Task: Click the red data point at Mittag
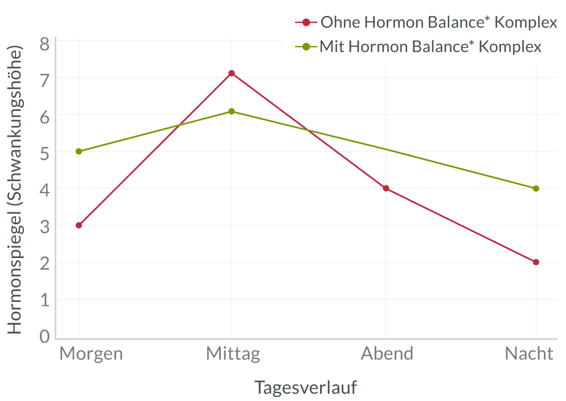pyautogui.click(x=232, y=73)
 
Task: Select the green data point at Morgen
pyautogui.click(x=79, y=151)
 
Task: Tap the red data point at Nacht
pyautogui.click(x=536, y=262)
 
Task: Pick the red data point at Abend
pyautogui.click(x=385, y=188)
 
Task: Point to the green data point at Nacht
pyautogui.click(x=536, y=188)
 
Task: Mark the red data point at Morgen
pyautogui.click(x=79, y=225)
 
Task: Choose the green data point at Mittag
pyautogui.click(x=232, y=111)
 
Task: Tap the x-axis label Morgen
pyautogui.click(x=91, y=354)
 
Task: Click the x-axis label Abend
pyautogui.click(x=387, y=354)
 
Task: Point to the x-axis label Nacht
pyautogui.click(x=529, y=354)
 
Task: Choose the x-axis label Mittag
pyautogui.click(x=233, y=354)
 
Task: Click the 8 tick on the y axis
pyautogui.click(x=45, y=43)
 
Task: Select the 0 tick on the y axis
pyautogui.click(x=45, y=336)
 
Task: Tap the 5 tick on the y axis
pyautogui.click(x=45, y=153)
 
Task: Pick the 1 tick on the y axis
pyautogui.click(x=45, y=300)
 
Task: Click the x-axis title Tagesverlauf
pyautogui.click(x=305, y=387)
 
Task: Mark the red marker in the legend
pyautogui.click(x=306, y=23)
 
